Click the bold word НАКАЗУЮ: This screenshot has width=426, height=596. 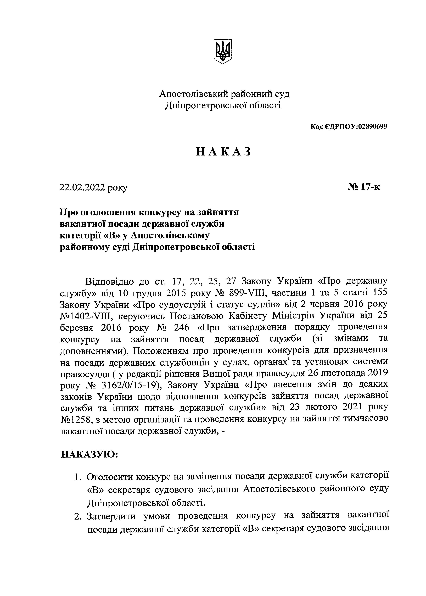coord(90,454)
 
